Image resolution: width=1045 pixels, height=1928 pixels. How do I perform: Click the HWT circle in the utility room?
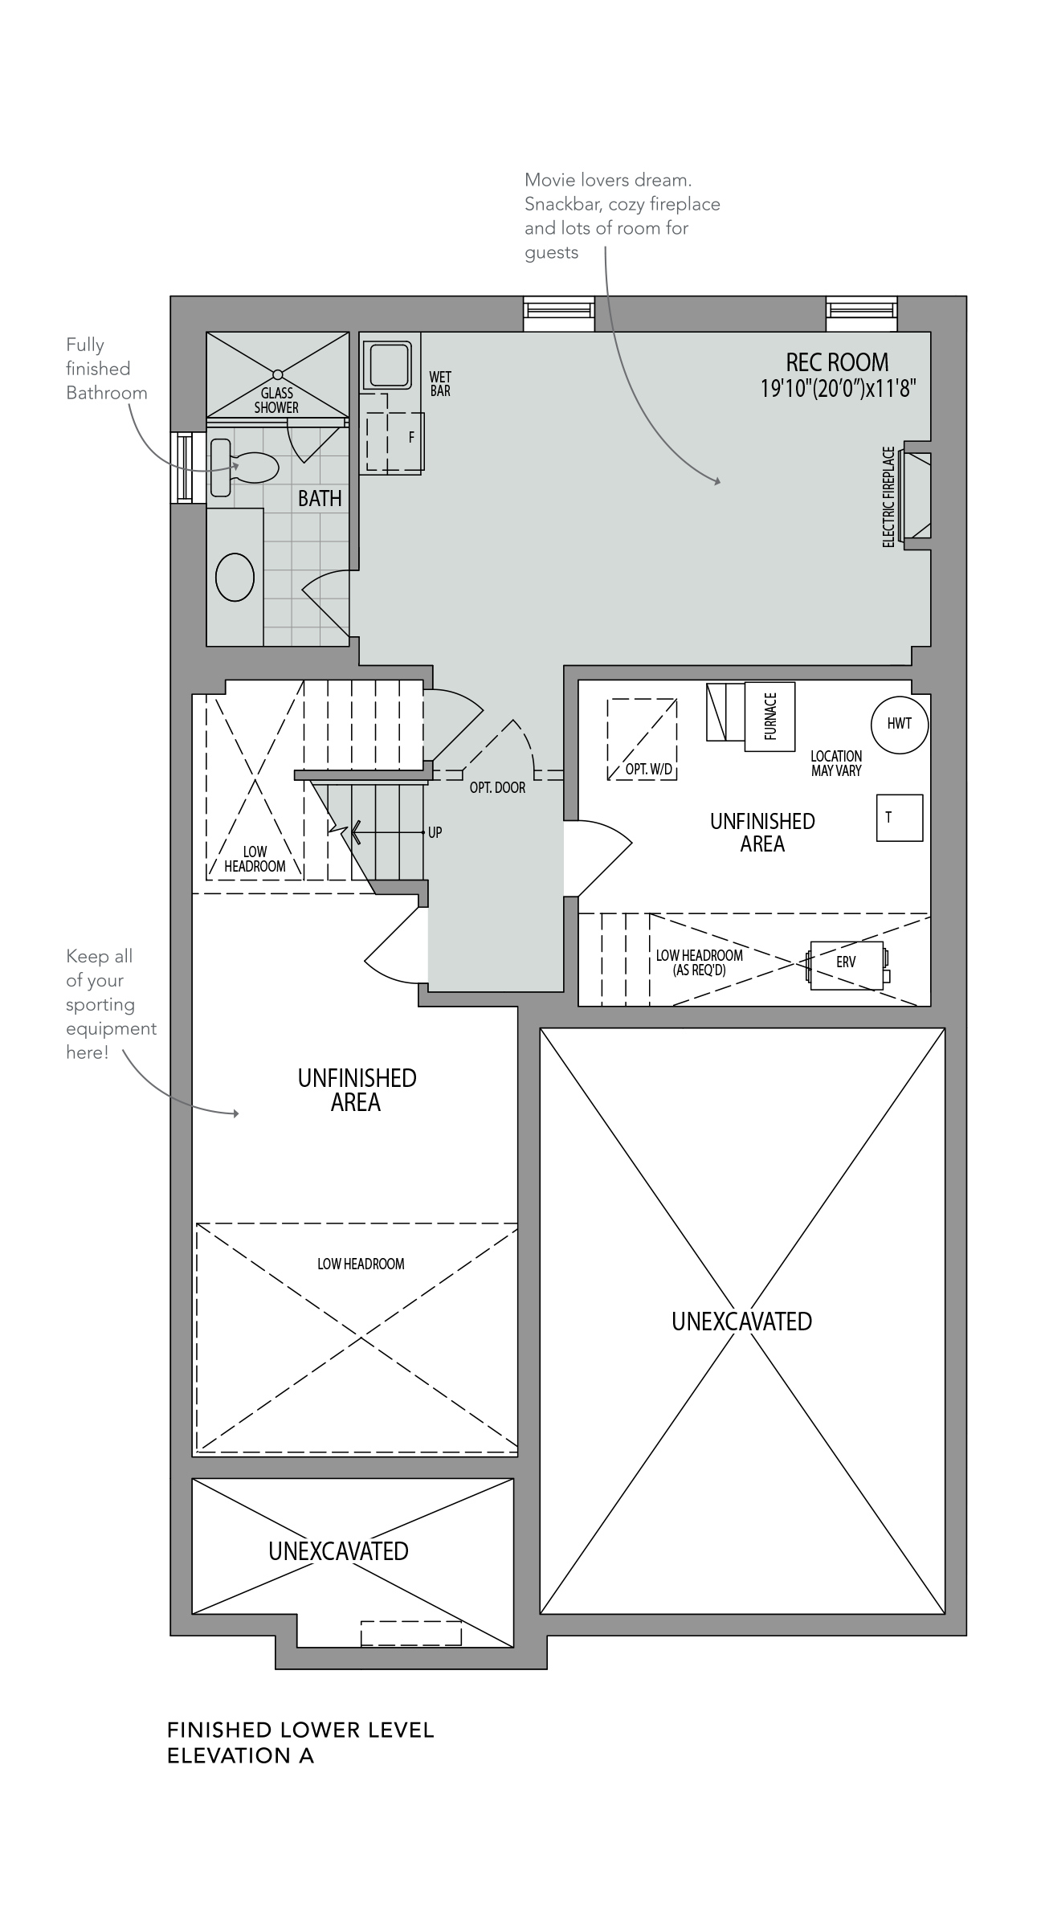pyautogui.click(x=900, y=724)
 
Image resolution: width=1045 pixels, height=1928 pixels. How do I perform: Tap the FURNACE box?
pyautogui.click(x=769, y=717)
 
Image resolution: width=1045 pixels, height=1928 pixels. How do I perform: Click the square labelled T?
pyautogui.click(x=900, y=818)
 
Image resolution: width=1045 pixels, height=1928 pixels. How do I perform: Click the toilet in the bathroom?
pyautogui.click(x=244, y=467)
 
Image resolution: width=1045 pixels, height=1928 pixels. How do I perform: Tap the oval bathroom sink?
pyautogui.click(x=235, y=577)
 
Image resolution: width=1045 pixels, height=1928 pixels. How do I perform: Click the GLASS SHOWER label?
pyautogui.click(x=276, y=400)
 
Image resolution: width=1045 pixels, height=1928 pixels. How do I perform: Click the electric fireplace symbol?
pyautogui.click(x=916, y=496)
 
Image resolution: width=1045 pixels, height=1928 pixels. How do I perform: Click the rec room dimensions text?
pyautogui.click(x=839, y=389)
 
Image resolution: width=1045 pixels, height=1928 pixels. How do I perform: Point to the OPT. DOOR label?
pyautogui.click(x=498, y=788)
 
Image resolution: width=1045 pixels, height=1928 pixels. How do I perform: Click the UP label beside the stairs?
pyautogui.click(x=435, y=833)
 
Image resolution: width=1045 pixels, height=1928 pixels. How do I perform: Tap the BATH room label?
pyautogui.click(x=320, y=499)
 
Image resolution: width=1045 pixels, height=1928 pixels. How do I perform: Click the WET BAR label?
pyautogui.click(x=440, y=384)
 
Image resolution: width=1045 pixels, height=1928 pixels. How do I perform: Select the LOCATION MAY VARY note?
pyautogui.click(x=836, y=763)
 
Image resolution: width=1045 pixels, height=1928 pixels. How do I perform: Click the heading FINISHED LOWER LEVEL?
pyautogui.click(x=300, y=1730)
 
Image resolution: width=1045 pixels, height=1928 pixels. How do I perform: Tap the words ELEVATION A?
pyautogui.click(x=240, y=1756)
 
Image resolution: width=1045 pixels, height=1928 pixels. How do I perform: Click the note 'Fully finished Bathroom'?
pyautogui.click(x=107, y=369)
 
